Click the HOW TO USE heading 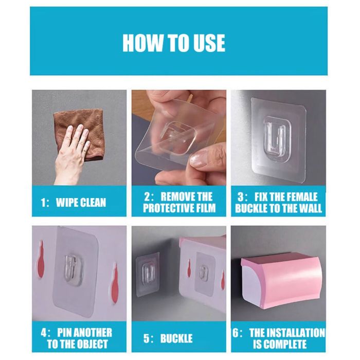174,43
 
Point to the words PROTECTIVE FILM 179,208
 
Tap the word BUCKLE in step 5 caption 176,338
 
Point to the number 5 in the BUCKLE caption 147,338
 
